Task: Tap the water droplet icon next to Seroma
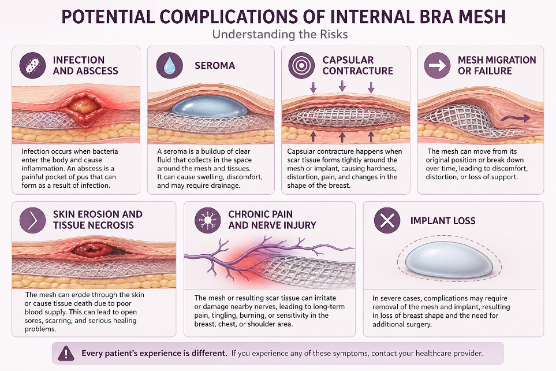[169, 66]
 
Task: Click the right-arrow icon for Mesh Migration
[437, 66]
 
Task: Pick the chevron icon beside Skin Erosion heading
[32, 220]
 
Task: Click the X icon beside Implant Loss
[387, 220]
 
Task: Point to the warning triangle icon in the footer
[68, 353]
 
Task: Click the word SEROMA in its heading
[215, 66]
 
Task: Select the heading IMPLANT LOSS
[443, 220]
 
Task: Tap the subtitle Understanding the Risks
[280, 34]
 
